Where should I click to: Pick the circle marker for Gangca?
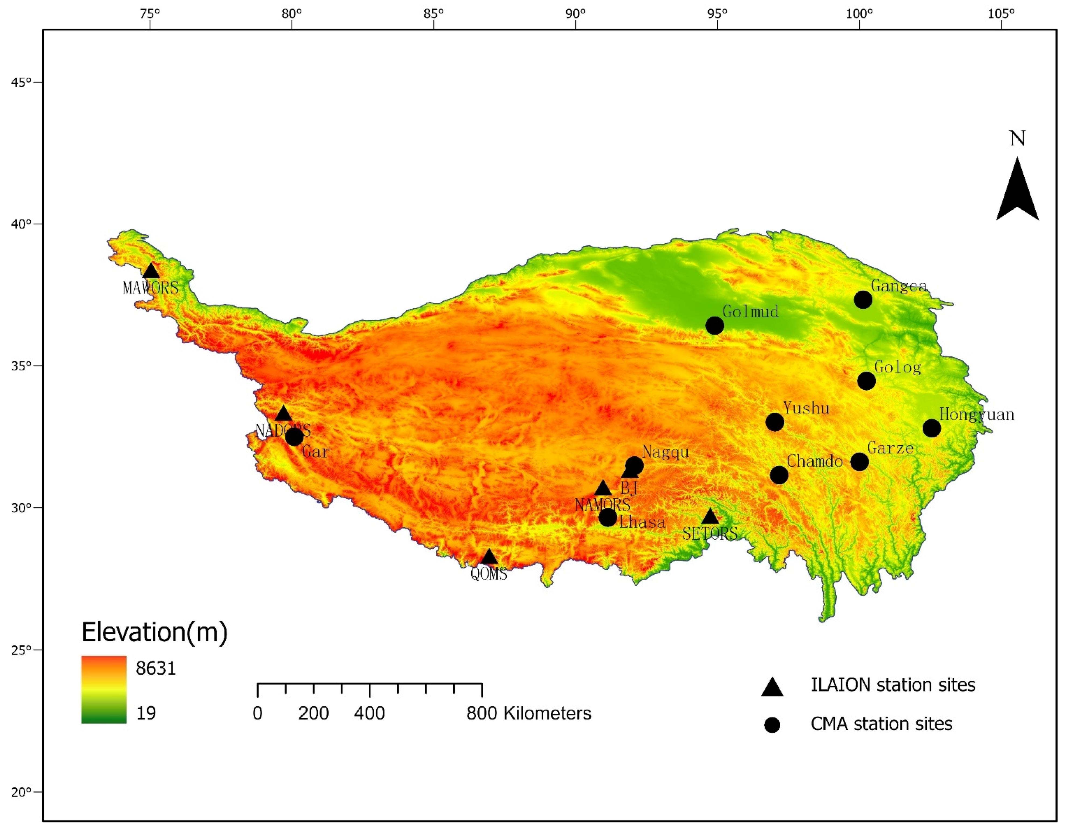click(x=863, y=299)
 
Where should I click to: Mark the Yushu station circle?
click(x=775, y=422)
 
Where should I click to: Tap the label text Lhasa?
click(x=642, y=522)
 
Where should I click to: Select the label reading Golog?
click(x=897, y=367)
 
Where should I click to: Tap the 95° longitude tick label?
click(x=717, y=13)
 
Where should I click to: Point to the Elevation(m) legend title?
click(x=154, y=632)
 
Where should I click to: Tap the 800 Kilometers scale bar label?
click(x=529, y=714)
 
